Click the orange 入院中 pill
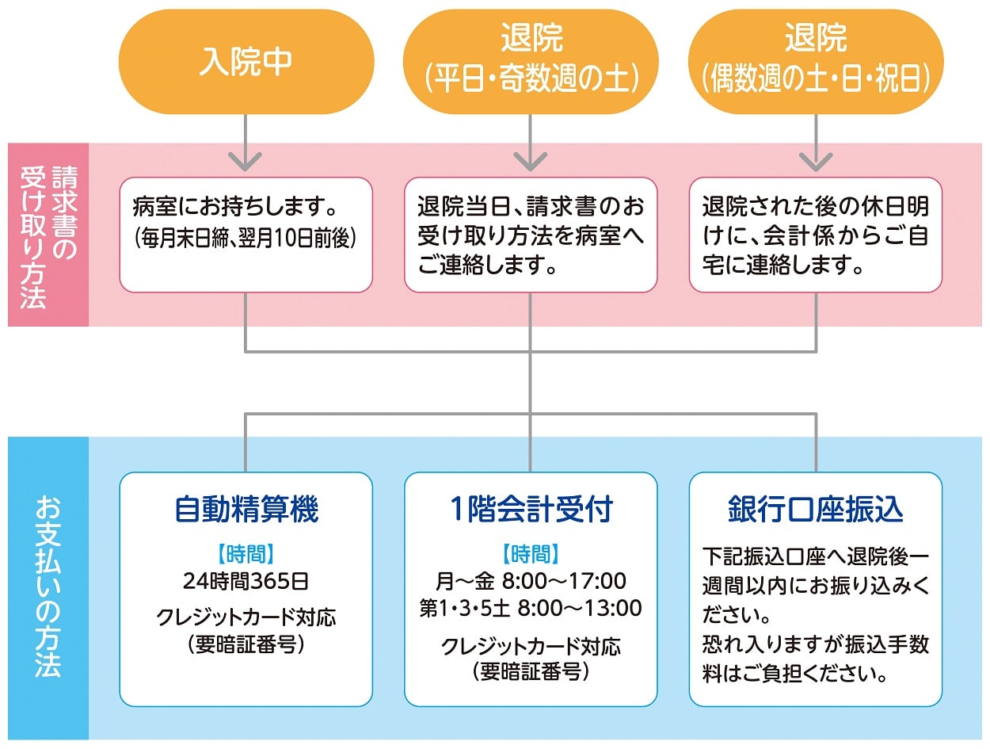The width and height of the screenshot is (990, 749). (246, 62)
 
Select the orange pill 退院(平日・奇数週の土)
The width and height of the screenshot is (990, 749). (531, 62)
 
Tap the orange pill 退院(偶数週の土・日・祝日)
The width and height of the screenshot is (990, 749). (816, 62)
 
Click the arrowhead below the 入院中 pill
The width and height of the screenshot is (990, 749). (246, 161)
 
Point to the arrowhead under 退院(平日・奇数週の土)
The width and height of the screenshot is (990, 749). (531, 161)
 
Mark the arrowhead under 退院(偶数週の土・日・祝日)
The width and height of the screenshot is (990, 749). (816, 161)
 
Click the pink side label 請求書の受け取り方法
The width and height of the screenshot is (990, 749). (49, 237)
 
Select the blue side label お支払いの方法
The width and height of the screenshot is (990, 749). (48, 587)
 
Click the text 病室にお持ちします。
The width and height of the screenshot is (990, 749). (235, 207)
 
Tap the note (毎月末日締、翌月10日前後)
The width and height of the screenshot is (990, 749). (246, 237)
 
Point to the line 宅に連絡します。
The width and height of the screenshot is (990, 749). (782, 265)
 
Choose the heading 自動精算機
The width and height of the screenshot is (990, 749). (246, 510)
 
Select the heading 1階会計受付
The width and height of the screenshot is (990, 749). (531, 510)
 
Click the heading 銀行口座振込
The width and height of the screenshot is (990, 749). (816, 510)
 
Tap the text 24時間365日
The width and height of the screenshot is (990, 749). (246, 582)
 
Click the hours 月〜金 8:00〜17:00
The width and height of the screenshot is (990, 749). (531, 581)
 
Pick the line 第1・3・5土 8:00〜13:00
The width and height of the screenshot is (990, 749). (531, 608)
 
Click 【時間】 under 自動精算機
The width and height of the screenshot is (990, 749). (246, 554)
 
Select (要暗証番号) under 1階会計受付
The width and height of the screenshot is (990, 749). (531, 672)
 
